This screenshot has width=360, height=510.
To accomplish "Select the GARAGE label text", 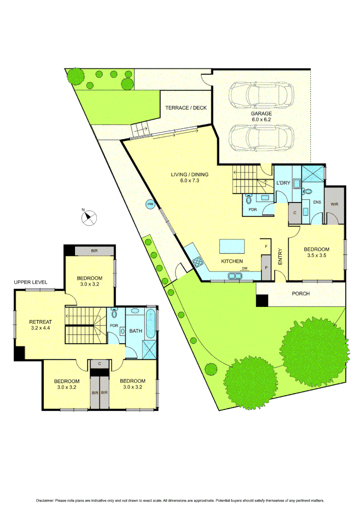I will (261, 114).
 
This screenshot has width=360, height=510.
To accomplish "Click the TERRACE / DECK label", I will (186, 108).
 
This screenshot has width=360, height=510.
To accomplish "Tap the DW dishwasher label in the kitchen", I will (244, 268).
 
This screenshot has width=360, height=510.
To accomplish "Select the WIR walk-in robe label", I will (335, 204).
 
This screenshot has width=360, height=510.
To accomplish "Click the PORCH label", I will (301, 294).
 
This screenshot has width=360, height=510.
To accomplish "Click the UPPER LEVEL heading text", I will (30, 282).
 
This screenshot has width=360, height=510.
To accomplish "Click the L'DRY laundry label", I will (283, 183).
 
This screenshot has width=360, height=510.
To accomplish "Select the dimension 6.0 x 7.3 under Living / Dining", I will (189, 181).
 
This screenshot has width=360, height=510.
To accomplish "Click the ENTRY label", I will (280, 257).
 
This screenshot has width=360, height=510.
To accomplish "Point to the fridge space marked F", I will (266, 246).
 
